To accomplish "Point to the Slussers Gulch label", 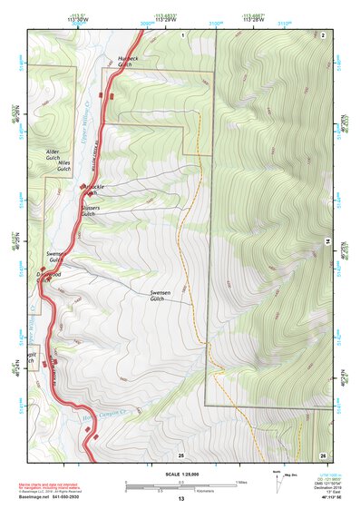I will (89, 210).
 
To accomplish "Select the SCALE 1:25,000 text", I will (180, 474).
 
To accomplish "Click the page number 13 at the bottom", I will (180, 499).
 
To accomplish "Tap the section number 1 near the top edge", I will (181, 34).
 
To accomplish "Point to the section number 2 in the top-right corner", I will (323, 34).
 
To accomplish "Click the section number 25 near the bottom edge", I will (180, 454).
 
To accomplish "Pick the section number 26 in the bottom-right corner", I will (323, 454).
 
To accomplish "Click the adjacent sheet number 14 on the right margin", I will (327, 240).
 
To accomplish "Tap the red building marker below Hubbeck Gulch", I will (112, 94).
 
